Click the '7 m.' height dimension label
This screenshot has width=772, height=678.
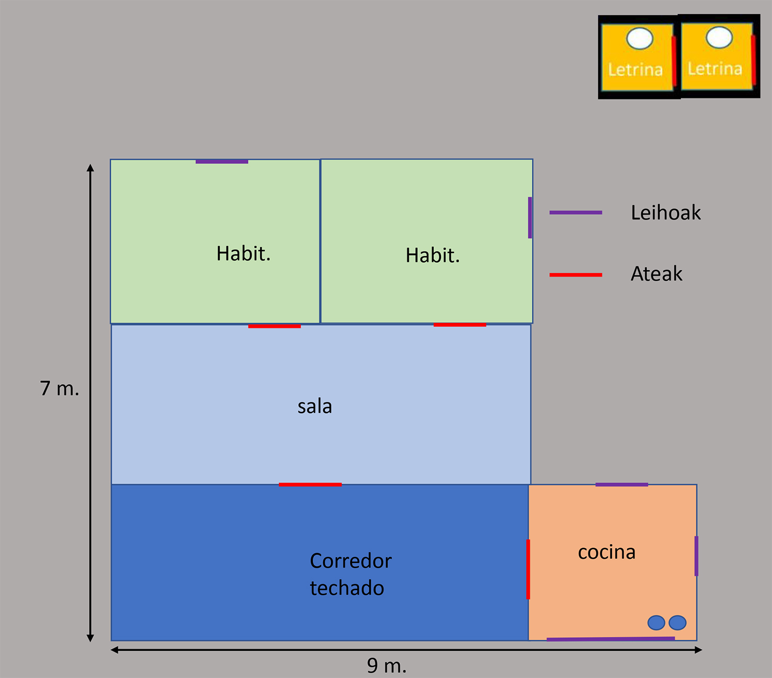59,388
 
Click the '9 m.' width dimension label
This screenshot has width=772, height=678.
387,665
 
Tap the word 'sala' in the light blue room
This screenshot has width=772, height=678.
314,406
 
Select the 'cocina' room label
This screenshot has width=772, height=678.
606,552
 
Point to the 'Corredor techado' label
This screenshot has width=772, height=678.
350,574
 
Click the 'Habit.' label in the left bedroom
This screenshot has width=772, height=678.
243,254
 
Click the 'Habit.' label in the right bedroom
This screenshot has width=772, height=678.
433,256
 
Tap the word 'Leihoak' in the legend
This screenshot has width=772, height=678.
665,213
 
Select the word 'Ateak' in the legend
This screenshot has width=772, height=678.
656,274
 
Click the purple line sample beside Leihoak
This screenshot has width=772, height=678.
575,213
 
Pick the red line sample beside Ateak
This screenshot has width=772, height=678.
575,274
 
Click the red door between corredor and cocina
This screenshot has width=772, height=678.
528,569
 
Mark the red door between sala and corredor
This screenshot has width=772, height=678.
310,485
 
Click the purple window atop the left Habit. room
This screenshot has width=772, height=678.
222,162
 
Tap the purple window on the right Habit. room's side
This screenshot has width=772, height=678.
530,217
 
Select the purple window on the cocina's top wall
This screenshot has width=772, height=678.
621,485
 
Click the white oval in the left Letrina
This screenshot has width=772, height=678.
640,39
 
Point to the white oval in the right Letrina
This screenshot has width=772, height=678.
719,37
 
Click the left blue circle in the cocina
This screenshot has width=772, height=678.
656,623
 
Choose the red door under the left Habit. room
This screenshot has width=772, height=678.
274,326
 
